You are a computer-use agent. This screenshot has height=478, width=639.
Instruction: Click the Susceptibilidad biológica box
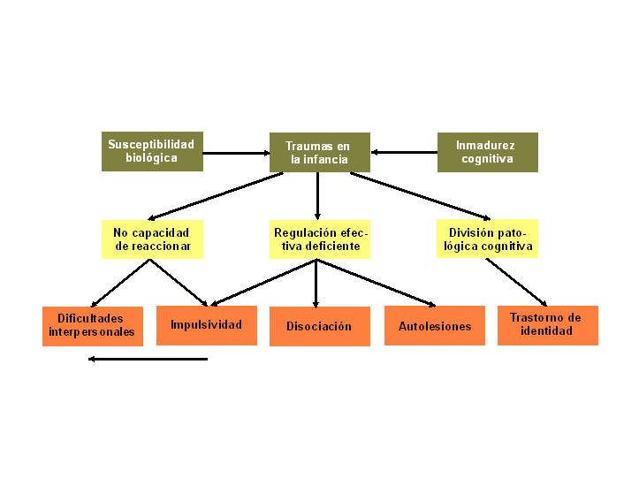(x=152, y=151)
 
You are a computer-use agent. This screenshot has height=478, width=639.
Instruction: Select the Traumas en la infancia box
(x=320, y=152)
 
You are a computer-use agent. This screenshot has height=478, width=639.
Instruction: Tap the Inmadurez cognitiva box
(x=488, y=152)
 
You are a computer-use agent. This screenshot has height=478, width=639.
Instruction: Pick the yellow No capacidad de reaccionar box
(x=152, y=239)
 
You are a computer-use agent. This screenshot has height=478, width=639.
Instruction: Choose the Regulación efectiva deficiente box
(x=320, y=239)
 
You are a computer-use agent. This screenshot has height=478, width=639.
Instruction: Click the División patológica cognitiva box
(x=487, y=239)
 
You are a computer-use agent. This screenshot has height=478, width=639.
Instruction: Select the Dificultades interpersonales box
(x=93, y=326)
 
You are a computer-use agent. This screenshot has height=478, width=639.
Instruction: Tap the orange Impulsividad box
(x=207, y=326)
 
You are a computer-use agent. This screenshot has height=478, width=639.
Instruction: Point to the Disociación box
(x=320, y=326)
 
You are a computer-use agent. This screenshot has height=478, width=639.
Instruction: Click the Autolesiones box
(x=435, y=326)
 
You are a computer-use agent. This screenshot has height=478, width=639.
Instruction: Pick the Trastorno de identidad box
(x=548, y=326)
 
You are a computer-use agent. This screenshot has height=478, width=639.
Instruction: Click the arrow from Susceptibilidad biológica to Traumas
(x=236, y=153)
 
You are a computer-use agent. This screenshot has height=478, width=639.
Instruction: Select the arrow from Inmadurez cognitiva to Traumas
(x=404, y=152)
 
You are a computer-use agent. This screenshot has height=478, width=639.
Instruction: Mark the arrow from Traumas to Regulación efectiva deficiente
(x=317, y=196)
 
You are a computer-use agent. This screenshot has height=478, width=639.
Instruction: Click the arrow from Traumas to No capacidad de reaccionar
(x=216, y=196)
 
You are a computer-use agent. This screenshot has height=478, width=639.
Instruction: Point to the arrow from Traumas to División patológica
(x=420, y=196)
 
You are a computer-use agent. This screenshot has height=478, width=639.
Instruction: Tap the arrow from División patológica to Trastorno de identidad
(x=516, y=282)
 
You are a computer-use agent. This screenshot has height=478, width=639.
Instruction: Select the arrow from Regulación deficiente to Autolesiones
(x=377, y=283)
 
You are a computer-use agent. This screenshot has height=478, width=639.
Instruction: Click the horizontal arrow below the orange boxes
(x=148, y=359)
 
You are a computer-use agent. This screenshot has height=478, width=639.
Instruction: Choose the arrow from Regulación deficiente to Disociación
(x=316, y=284)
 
